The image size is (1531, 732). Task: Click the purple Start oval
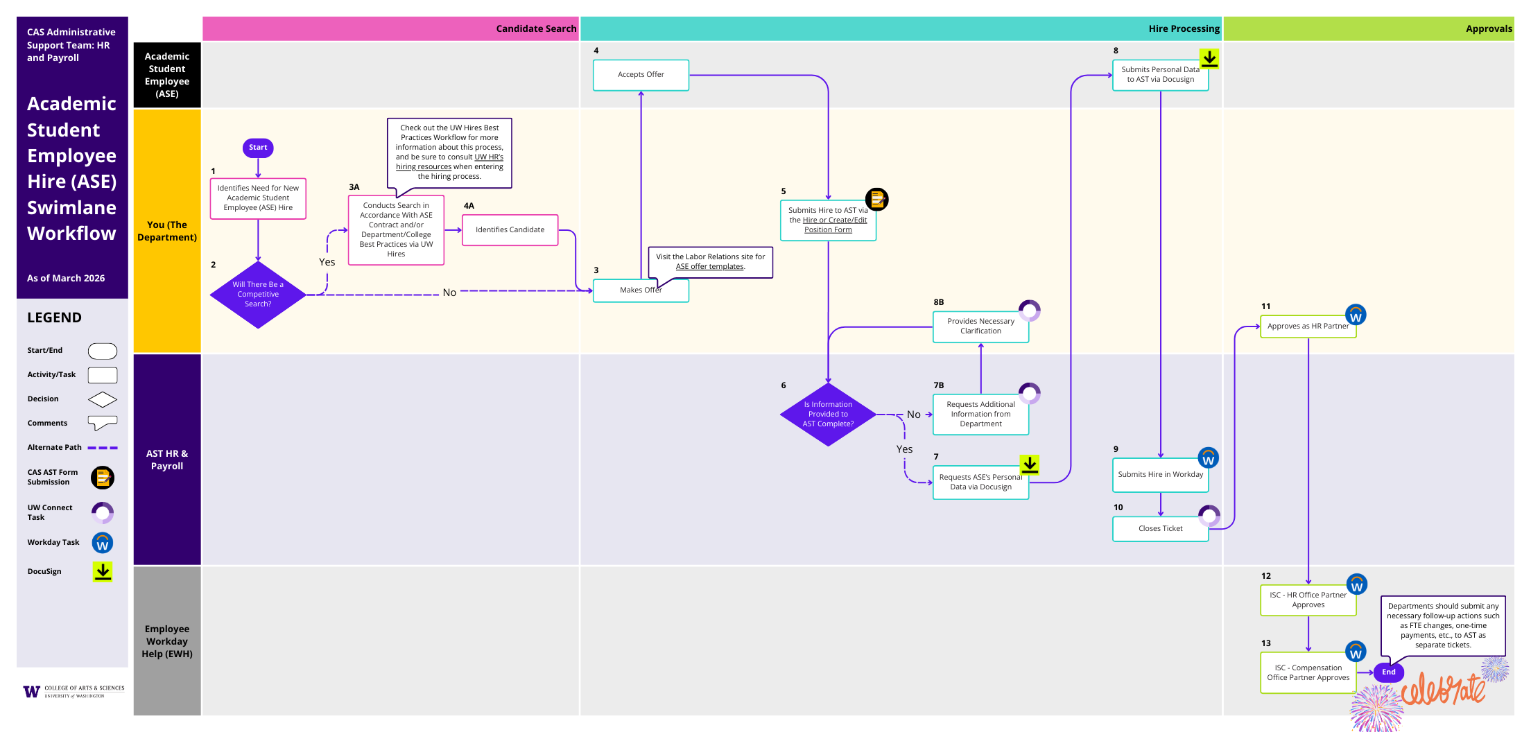258,148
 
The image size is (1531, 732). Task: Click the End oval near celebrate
1388,672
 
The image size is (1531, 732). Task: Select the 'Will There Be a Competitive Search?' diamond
258,295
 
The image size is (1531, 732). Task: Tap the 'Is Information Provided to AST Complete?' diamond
828,415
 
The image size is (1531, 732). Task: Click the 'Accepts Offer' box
641,75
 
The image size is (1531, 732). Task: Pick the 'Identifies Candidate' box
510,230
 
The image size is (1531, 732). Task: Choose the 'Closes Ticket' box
1160,529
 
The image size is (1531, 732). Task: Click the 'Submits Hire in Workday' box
1160,475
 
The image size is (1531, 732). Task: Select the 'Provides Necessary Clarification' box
980,326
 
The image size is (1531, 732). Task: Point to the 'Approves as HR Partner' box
1308,326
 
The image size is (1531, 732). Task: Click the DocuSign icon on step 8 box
1209,59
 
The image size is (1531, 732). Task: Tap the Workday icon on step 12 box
1356,584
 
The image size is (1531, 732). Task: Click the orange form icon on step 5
876,200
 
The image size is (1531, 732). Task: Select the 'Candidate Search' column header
535,29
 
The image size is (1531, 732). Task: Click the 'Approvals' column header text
1488,29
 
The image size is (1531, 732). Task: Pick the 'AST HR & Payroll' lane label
167,460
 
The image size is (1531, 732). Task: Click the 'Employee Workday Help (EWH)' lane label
167,641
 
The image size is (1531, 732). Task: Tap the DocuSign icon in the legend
103,571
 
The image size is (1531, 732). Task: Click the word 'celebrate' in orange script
1442,690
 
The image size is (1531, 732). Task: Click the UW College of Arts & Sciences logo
73,691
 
